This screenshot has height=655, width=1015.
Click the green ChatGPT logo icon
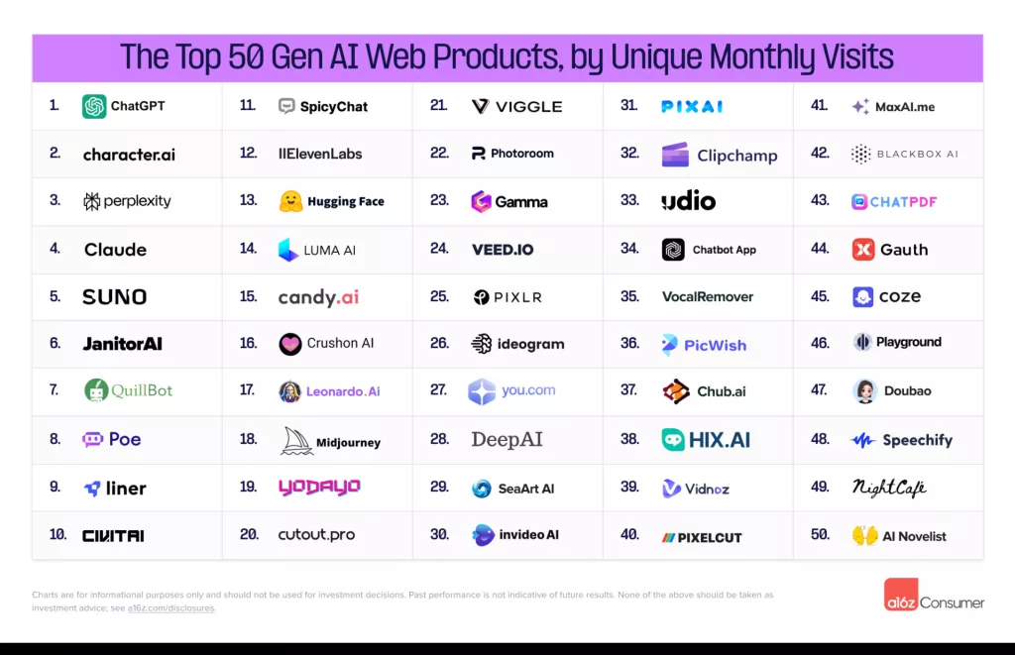pos(94,106)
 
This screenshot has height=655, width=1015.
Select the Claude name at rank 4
pos(115,250)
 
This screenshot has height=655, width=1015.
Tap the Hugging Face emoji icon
pos(290,201)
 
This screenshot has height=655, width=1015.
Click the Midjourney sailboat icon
pos(296,441)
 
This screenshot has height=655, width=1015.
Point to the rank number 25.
pos(439,296)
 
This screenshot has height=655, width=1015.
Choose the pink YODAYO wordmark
pos(318,488)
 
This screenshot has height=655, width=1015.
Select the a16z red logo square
pos(901,594)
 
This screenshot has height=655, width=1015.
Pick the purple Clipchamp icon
pos(675,155)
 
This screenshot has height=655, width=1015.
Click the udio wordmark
pos(688,201)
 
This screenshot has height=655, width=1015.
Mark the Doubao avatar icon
pos(864,391)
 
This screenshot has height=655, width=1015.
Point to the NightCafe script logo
pos(889,488)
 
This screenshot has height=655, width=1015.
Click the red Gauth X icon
pos(863,250)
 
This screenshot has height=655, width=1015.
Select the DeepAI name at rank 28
pos(507,440)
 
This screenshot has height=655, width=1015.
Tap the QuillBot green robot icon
pos(95,390)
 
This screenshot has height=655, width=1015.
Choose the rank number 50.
pos(820,535)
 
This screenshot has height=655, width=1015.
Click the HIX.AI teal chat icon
pos(674,440)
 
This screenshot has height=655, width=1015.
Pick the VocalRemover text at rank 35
pos(707,296)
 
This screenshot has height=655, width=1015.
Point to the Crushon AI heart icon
pos(290,344)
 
